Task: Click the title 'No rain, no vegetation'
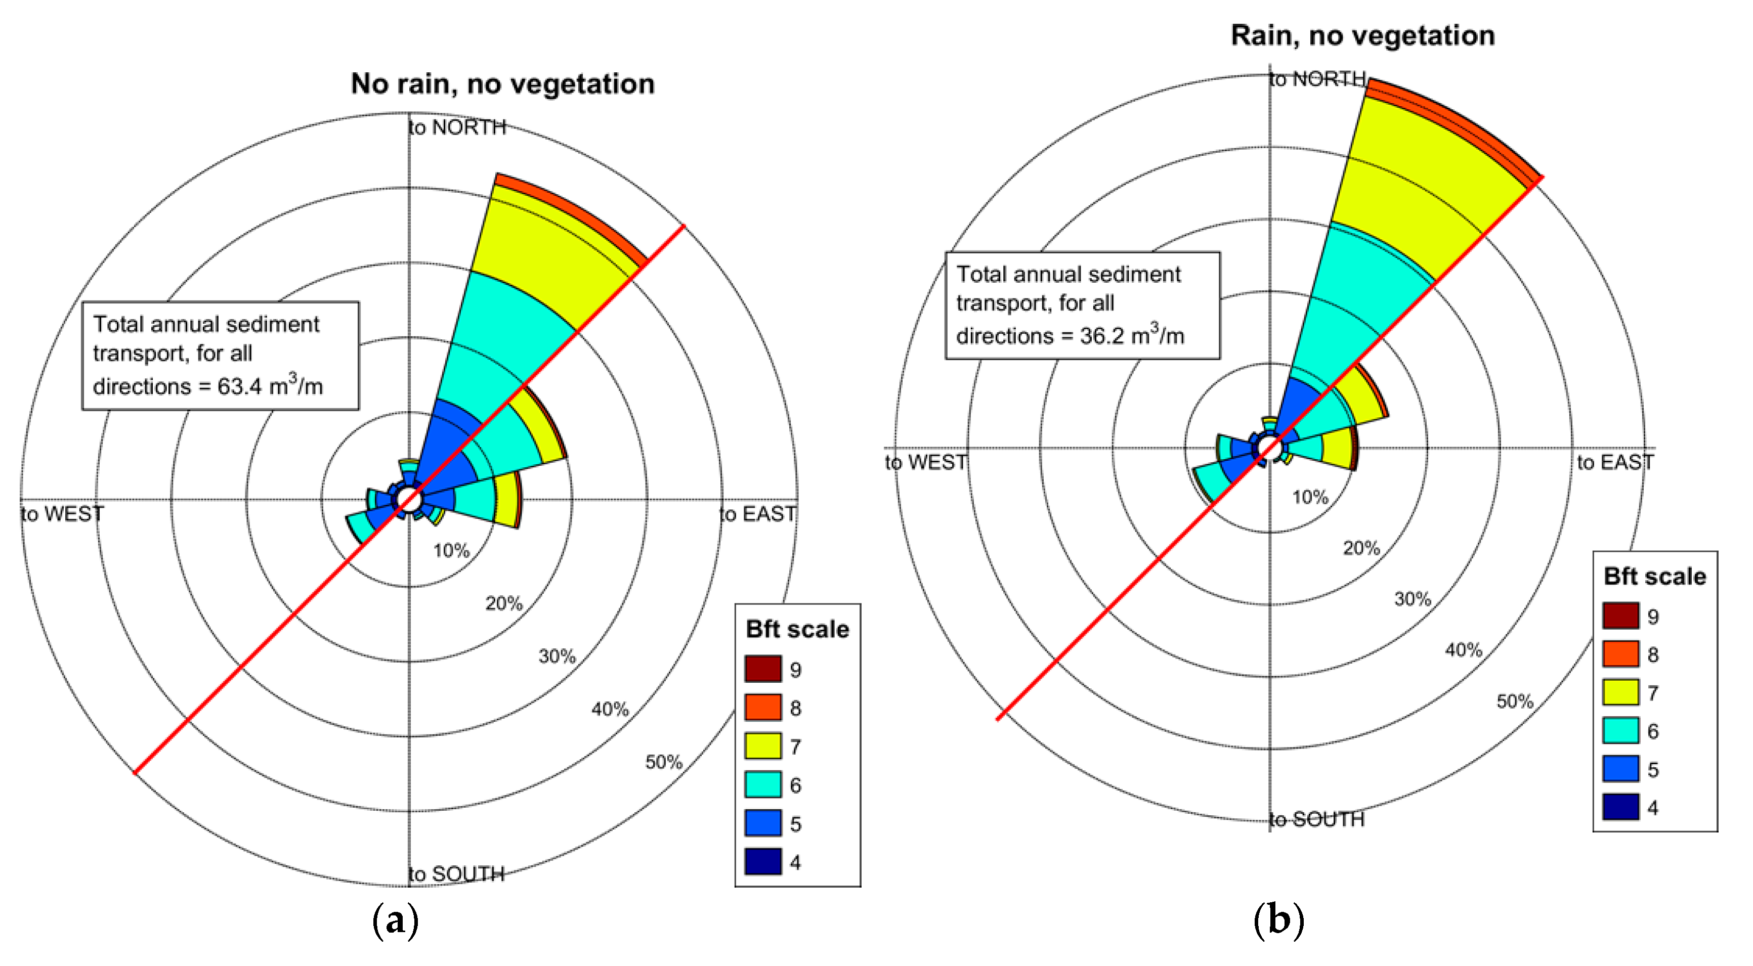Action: pos(502,83)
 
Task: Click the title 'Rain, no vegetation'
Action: pos(1362,35)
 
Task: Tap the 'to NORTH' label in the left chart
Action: pos(457,127)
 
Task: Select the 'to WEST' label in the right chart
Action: pos(925,463)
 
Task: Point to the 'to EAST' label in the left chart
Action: pos(757,514)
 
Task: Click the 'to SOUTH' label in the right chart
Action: pos(1317,820)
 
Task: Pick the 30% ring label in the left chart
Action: pos(557,656)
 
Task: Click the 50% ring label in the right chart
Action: pos(1514,701)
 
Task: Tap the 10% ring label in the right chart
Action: pos(1310,497)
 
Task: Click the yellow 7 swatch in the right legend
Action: pos(1620,692)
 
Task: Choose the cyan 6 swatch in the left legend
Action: pos(762,784)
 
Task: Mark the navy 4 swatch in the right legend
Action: pos(1620,808)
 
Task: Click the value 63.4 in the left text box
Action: pos(239,387)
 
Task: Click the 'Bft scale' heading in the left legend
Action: pos(797,629)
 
